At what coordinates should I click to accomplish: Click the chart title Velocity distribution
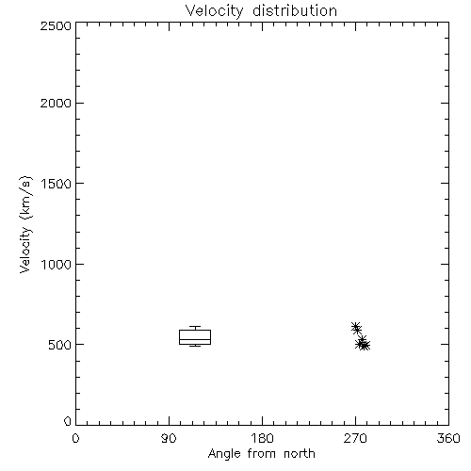click(261, 10)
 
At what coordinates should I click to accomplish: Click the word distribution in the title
click(295, 10)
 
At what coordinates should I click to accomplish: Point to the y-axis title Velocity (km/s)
click(25, 224)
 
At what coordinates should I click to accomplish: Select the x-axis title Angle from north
click(261, 454)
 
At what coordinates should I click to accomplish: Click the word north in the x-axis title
click(300, 454)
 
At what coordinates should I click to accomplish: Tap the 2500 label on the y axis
click(56, 25)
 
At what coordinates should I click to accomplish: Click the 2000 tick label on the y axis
click(56, 103)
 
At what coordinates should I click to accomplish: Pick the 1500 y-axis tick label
click(57, 184)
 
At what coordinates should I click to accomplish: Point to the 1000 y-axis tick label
click(57, 264)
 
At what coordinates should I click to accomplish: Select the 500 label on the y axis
click(60, 345)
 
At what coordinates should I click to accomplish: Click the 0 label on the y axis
click(68, 421)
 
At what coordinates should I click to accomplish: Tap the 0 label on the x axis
click(75, 438)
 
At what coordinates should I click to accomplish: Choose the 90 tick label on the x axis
click(169, 438)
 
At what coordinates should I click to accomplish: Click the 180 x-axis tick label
click(262, 438)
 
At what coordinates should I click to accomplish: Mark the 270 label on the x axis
click(355, 438)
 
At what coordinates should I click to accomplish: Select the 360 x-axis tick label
click(448, 438)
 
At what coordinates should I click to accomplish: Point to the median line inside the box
click(195, 339)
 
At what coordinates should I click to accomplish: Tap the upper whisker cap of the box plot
click(195, 327)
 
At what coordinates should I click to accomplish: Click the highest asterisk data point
click(355, 327)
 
